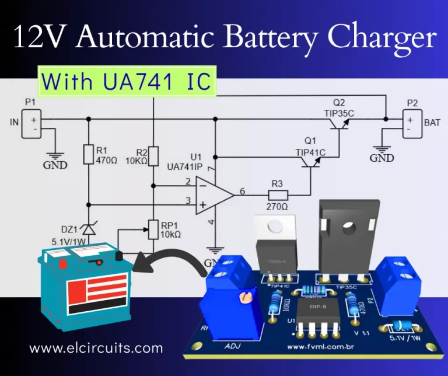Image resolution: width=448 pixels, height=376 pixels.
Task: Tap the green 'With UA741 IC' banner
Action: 127,82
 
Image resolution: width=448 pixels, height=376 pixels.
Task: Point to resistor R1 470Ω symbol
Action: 88,154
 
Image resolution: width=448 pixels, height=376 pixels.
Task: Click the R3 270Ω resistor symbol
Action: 278,194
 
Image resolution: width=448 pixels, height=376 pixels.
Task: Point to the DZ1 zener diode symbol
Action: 88,229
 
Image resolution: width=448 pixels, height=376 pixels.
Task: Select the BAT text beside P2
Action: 432,123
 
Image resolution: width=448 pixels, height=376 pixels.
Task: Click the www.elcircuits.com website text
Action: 96,349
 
